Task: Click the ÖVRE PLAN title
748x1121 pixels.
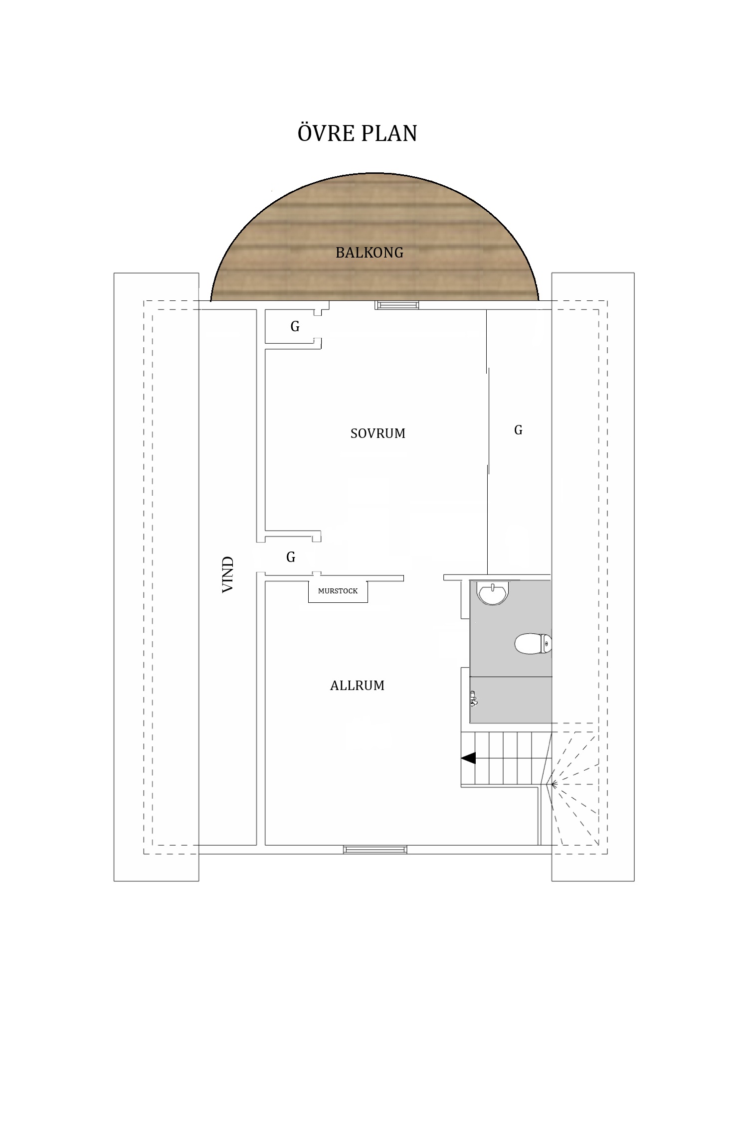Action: [357, 133]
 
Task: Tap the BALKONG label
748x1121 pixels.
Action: [370, 253]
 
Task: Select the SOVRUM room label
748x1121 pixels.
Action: [378, 433]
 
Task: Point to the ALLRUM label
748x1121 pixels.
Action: [357, 686]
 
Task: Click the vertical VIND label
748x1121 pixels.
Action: [228, 574]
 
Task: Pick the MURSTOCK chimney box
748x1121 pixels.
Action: [338, 591]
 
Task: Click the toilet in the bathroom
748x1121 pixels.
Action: [533, 644]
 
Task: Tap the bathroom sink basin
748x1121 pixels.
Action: [493, 593]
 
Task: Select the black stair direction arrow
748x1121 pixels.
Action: [468, 758]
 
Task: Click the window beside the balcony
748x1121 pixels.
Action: [397, 305]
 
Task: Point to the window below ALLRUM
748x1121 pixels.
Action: [375, 849]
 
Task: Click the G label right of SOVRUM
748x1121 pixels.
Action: [519, 430]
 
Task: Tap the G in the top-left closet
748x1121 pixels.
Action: [295, 326]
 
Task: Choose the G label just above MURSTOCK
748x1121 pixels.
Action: [291, 557]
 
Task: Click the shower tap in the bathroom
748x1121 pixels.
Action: [473, 699]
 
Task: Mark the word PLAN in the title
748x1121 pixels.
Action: [388, 134]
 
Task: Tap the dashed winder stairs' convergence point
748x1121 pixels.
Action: [549, 785]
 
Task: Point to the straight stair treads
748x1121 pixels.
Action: [506, 758]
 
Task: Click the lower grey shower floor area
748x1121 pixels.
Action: [511, 700]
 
